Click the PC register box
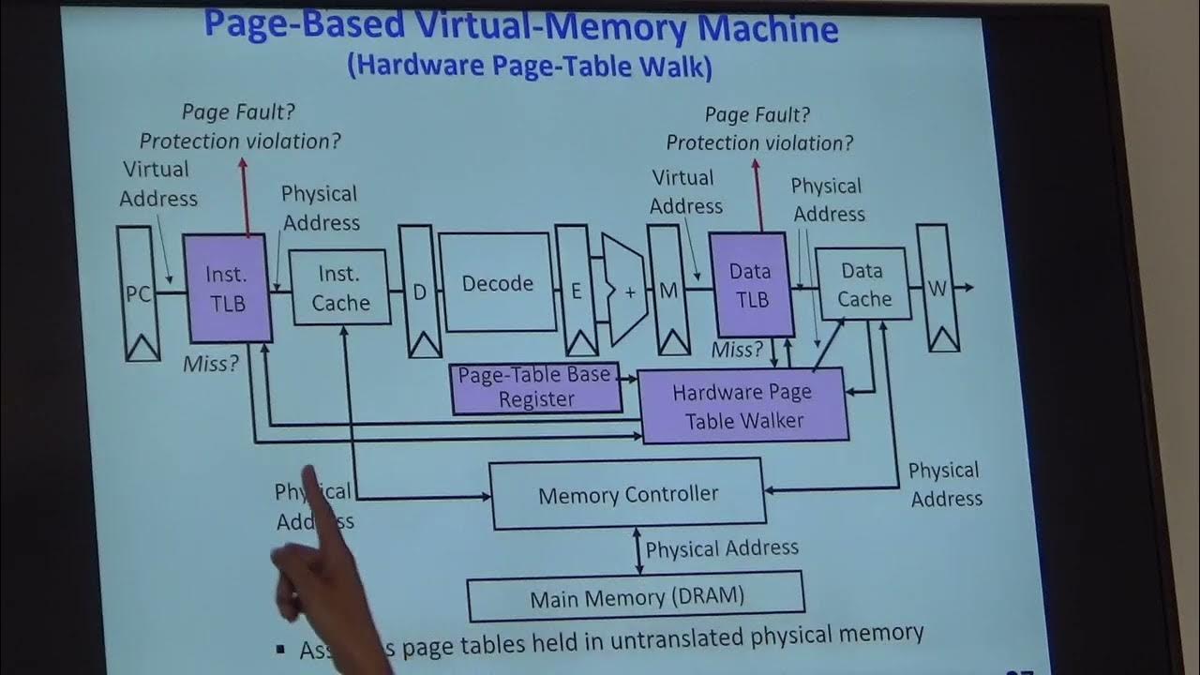139,292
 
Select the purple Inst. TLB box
227,288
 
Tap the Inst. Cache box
339,288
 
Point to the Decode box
497,283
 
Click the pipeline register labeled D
420,291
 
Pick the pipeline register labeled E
577,290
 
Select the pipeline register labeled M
668,290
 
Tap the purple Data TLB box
750,285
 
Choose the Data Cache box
862,284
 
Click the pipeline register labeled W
937,288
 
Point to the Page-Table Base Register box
536,387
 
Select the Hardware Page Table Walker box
743,406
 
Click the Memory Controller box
628,494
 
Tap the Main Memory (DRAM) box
636,597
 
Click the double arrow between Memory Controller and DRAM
639,550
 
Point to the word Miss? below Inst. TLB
211,364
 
